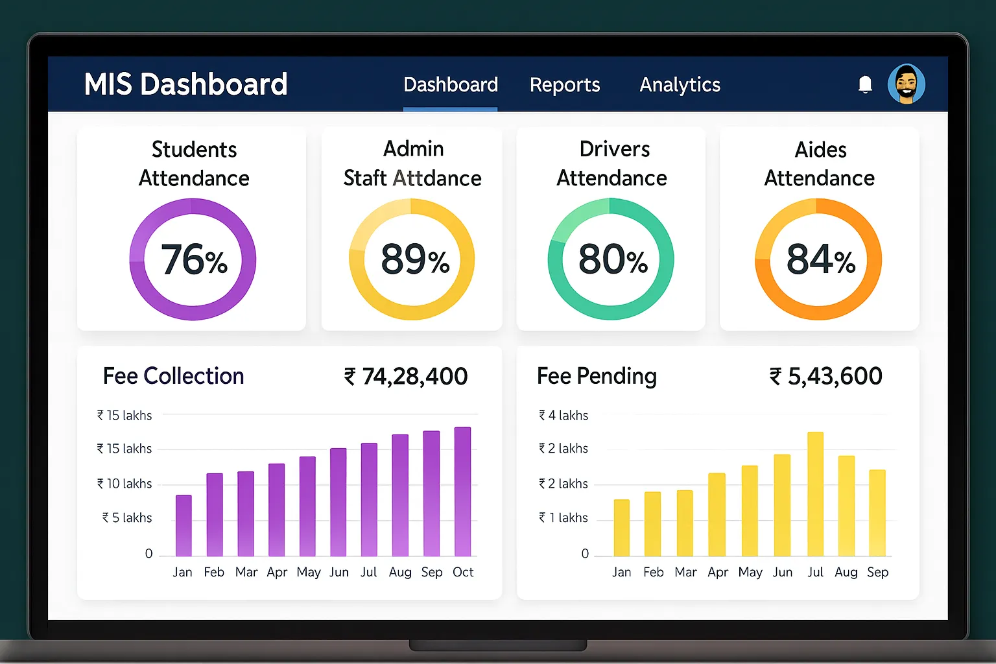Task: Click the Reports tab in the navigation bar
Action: pos(564,85)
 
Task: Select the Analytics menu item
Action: pos(680,85)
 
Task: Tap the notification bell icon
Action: pos(865,84)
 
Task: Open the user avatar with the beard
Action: pos(906,84)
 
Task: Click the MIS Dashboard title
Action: pos(185,84)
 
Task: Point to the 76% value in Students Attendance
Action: pos(193,259)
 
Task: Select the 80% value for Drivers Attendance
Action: pos(612,259)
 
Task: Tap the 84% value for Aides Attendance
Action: pos(820,259)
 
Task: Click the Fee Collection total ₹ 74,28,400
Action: pos(406,376)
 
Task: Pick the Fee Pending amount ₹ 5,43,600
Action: pos(825,376)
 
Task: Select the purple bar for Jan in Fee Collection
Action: pos(184,525)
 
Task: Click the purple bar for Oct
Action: pos(462,492)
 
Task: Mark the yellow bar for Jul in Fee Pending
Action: pos(815,494)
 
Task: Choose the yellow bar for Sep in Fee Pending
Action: pos(877,513)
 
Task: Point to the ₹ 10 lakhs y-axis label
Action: pos(124,484)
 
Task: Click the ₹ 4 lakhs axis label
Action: pos(563,415)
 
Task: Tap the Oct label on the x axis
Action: pos(463,572)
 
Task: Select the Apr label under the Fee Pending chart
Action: pos(718,572)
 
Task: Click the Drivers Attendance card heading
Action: pos(612,163)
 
